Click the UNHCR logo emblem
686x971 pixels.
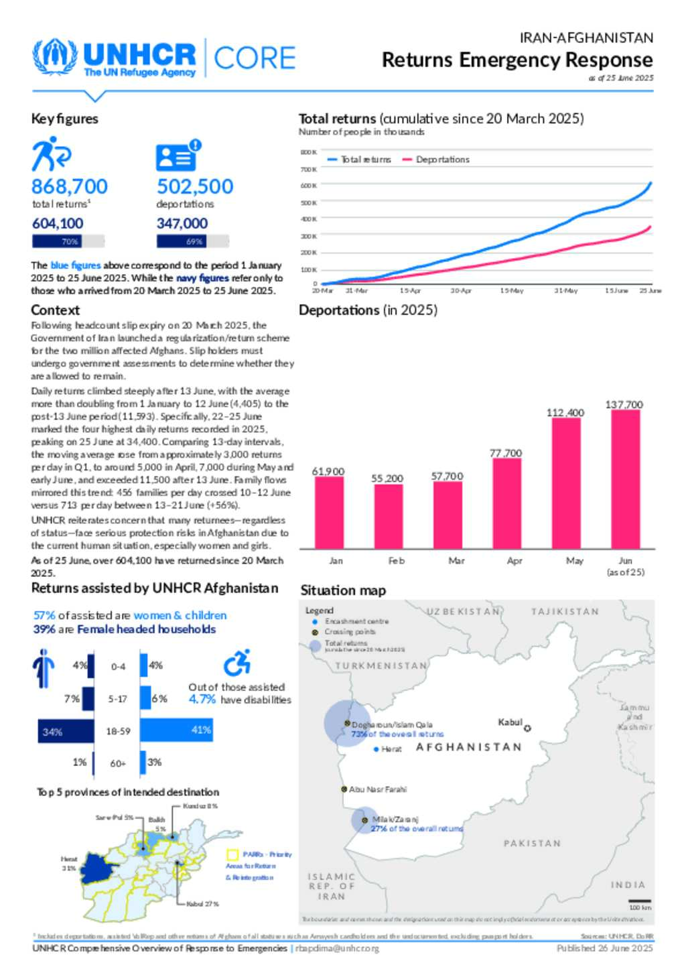pyautogui.click(x=55, y=58)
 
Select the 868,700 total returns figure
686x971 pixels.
pyautogui.click(x=69, y=186)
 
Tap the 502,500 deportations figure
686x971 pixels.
pyautogui.click(x=195, y=186)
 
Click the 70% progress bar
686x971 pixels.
pyautogui.click(x=68, y=241)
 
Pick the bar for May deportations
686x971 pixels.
pyautogui.click(x=566, y=483)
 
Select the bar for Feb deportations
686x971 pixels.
pyautogui.click(x=389, y=516)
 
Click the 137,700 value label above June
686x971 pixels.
pyautogui.click(x=624, y=405)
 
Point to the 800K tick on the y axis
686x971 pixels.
pyautogui.click(x=308, y=152)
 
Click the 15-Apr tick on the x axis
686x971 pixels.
pyautogui.click(x=410, y=291)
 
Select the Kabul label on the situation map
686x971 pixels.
pyautogui.click(x=510, y=722)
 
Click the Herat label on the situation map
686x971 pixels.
pyautogui.click(x=391, y=749)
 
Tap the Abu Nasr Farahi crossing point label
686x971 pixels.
pyautogui.click(x=377, y=789)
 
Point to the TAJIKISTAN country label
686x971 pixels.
pyautogui.click(x=565, y=612)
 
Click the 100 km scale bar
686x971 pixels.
pyautogui.click(x=640, y=901)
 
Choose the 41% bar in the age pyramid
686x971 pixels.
pyautogui.click(x=177, y=730)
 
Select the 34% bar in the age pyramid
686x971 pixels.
pyautogui.click(x=66, y=732)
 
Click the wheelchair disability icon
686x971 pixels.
pyautogui.click(x=237, y=663)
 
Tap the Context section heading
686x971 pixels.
pyautogui.click(x=55, y=310)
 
